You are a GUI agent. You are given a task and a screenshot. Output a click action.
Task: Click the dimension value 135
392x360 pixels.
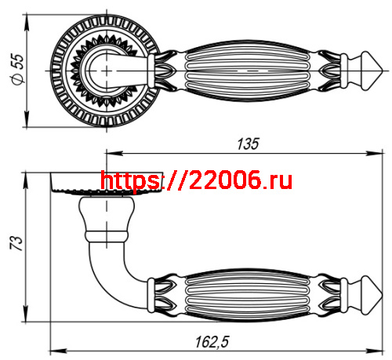[248, 143]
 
